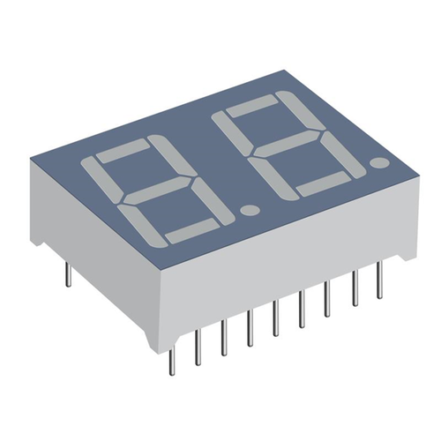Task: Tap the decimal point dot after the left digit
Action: pos(249,211)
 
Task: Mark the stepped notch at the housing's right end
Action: pos(401,256)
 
